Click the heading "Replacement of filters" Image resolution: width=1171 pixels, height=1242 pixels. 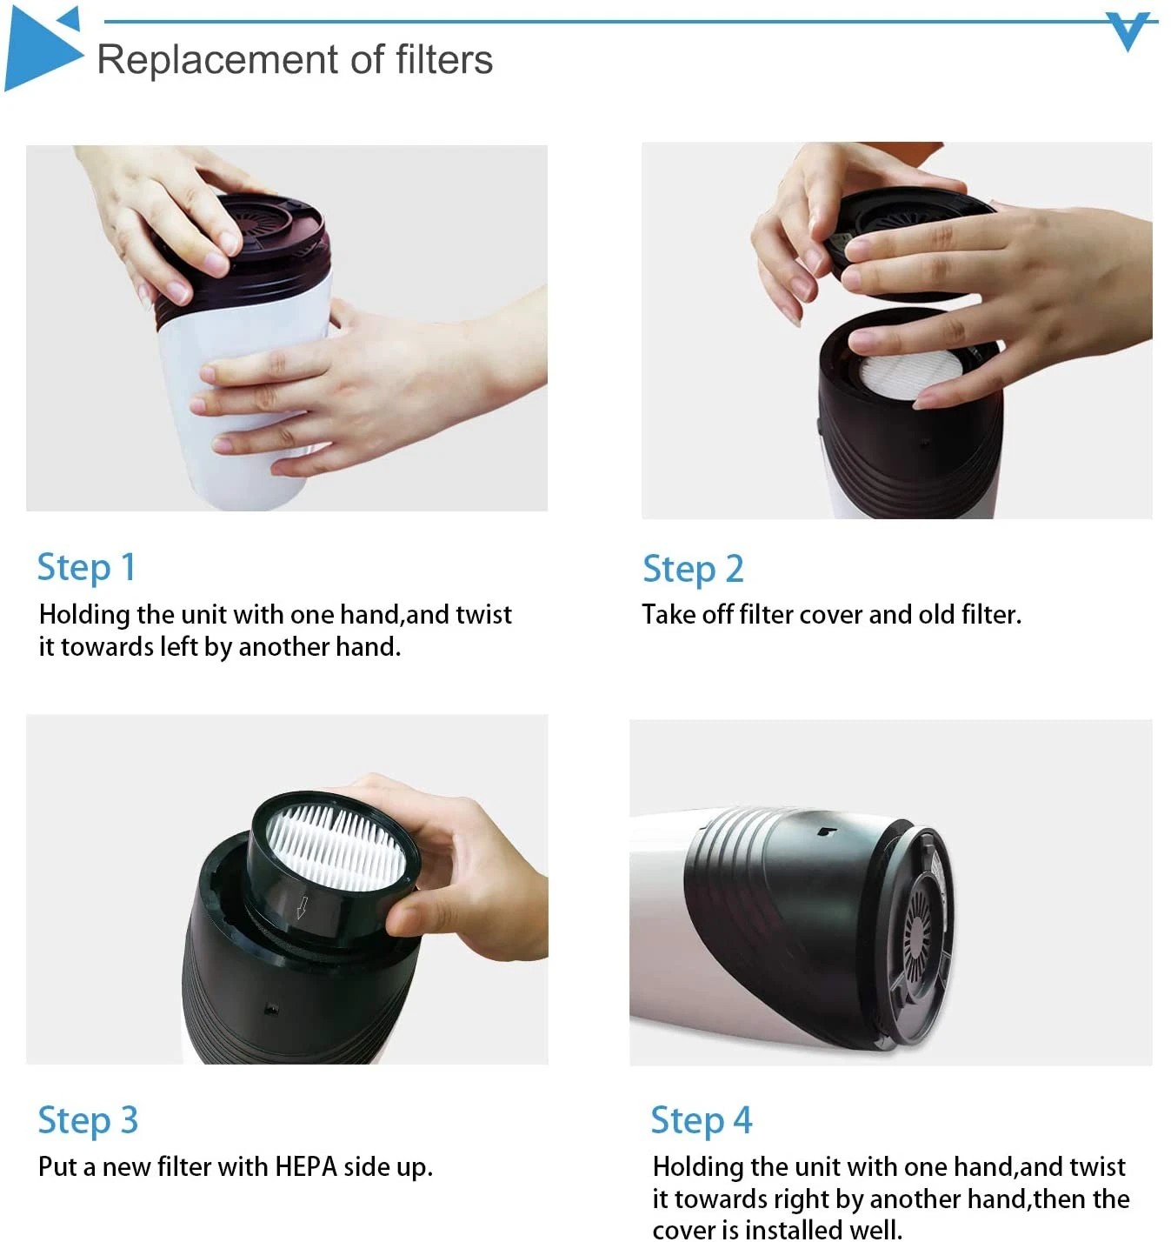(x=295, y=60)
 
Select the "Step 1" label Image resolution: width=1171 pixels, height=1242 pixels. (x=86, y=567)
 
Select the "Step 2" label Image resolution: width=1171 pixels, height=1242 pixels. (x=693, y=569)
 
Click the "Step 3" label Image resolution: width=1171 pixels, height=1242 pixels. (x=88, y=1120)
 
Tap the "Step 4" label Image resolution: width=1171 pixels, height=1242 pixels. (x=701, y=1120)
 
